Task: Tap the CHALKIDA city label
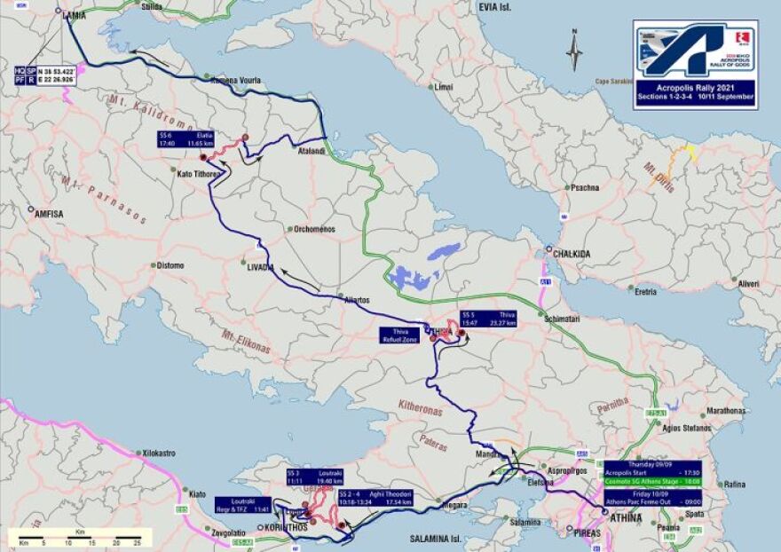572,253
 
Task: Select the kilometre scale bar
80,538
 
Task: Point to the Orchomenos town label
315,229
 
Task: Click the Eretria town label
644,290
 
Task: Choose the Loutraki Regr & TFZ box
243,504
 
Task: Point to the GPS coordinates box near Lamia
44,75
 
